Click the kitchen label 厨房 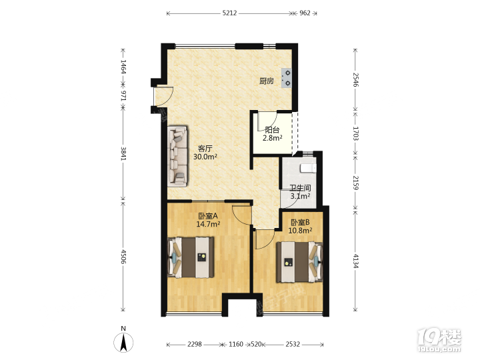[x=266, y=81]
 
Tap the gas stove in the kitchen [x=287, y=78]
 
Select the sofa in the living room [x=177, y=156]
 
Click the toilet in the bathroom [x=308, y=168]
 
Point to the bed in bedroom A [x=191, y=257]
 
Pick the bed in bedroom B [x=300, y=262]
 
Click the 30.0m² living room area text [x=205, y=157]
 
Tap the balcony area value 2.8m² [x=273, y=138]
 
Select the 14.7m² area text [x=208, y=224]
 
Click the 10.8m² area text [x=300, y=231]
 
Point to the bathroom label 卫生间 [x=300, y=188]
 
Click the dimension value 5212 [x=229, y=13]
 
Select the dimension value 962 [x=305, y=13]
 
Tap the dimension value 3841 [x=123, y=153]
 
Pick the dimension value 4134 [x=355, y=261]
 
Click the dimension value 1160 [x=236, y=345]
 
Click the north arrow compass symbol [x=123, y=342]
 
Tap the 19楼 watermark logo [x=439, y=341]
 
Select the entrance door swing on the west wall [x=163, y=97]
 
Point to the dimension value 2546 [x=355, y=79]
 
